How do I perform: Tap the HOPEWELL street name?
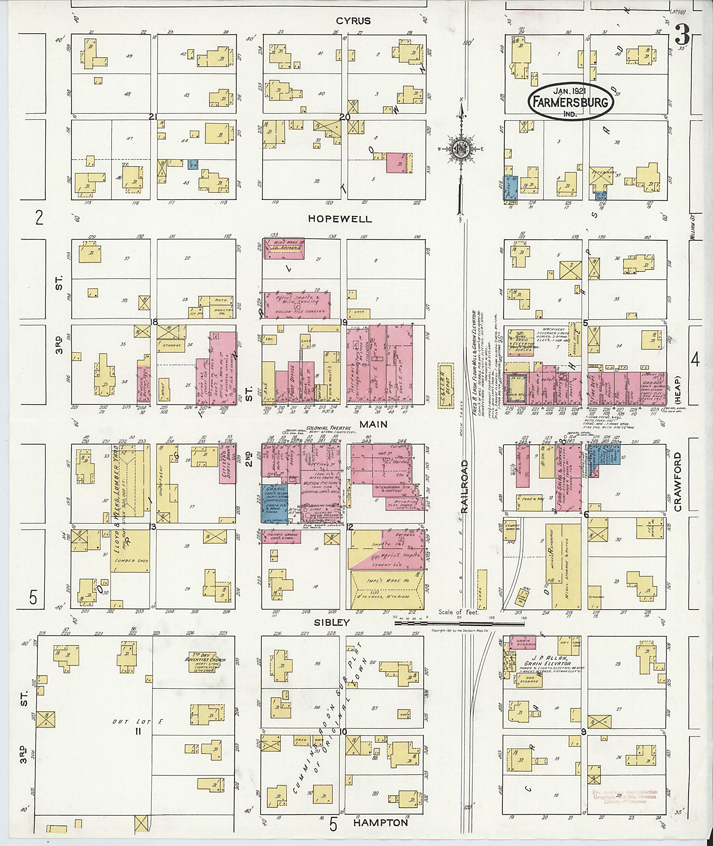339,219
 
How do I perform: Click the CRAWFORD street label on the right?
677,482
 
